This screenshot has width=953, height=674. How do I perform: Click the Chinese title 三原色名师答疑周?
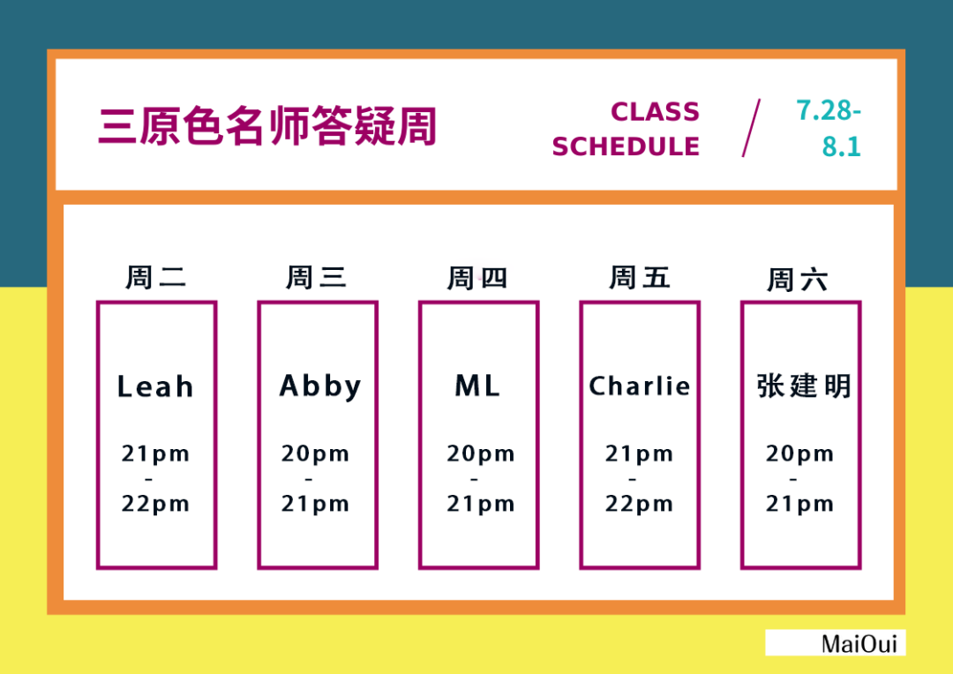point(267,126)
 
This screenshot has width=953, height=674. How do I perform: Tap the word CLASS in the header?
point(655,112)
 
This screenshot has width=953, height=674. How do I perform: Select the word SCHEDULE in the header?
point(626,146)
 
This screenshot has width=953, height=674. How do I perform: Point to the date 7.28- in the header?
point(829,110)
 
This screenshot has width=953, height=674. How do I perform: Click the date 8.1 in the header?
point(842,146)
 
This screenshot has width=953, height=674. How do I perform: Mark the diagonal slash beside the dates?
point(751,128)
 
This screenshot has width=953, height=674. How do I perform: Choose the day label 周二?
point(155,277)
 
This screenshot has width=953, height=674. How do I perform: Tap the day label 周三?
point(317,277)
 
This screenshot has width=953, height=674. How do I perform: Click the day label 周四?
point(477,278)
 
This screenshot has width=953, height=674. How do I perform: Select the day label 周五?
point(640,277)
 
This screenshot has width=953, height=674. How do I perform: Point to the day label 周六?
point(798,280)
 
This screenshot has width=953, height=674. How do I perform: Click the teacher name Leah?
point(155,386)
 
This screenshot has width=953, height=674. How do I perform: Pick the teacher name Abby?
point(320,387)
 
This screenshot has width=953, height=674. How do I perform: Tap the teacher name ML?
point(477,386)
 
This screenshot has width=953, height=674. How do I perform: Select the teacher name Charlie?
point(640,386)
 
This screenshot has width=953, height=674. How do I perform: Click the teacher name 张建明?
point(804,386)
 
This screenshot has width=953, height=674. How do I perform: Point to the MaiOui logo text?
point(859,644)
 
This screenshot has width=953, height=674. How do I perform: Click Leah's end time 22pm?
point(155,504)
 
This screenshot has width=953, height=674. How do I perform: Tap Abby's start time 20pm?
point(315,453)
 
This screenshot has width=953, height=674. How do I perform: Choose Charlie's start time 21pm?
point(640,453)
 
